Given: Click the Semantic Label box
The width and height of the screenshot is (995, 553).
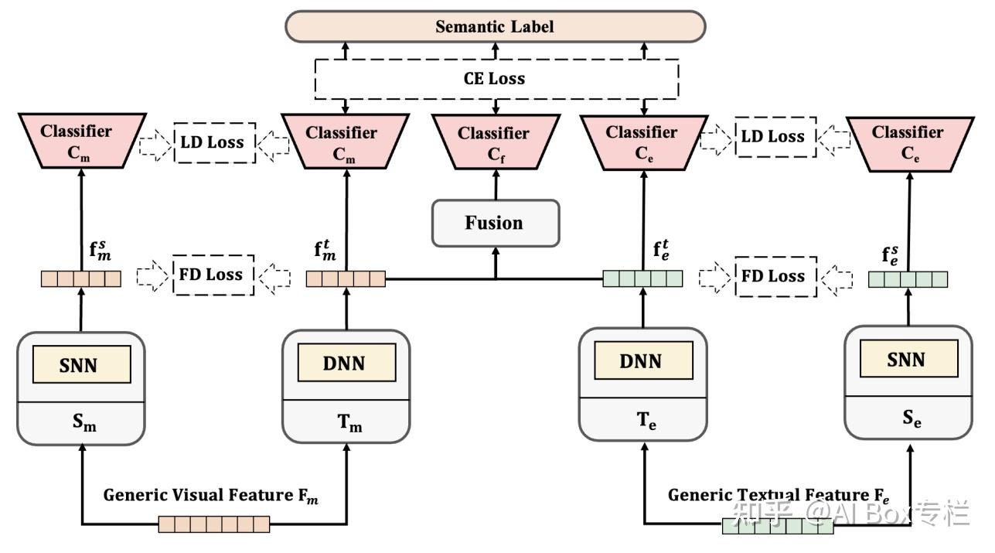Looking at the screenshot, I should [495, 26].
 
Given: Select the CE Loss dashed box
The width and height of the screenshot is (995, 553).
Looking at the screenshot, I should [495, 78].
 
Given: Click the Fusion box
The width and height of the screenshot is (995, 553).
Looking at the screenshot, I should [495, 224].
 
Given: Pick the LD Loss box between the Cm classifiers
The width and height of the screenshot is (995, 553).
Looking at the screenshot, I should [214, 142].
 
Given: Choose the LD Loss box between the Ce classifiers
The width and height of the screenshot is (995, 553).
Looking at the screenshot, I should [775, 137].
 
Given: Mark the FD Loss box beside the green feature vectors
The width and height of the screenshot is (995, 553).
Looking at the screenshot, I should [775, 276].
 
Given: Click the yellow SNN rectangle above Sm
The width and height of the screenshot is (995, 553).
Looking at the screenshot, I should [80, 364].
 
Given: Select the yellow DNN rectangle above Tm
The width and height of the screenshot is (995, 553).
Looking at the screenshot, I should [346, 363].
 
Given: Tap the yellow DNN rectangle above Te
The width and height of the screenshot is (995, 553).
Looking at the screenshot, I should [642, 360].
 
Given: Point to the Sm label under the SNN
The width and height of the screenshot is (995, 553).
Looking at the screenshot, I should [80, 424].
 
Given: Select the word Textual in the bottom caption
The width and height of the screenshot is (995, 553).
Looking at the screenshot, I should [768, 495].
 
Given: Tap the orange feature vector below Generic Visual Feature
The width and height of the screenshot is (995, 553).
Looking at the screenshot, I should [214, 524].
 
